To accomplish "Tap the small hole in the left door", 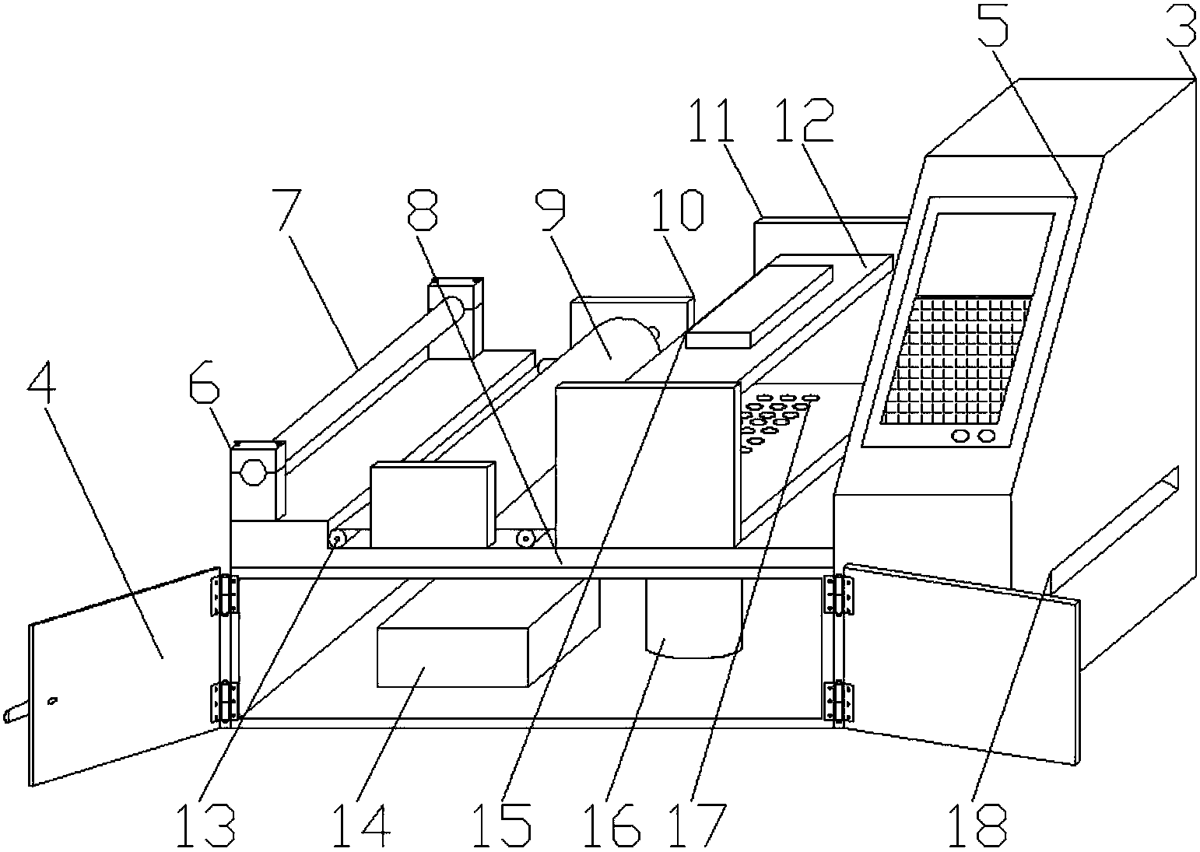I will (x=53, y=701).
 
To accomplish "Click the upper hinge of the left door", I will (x=225, y=594).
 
